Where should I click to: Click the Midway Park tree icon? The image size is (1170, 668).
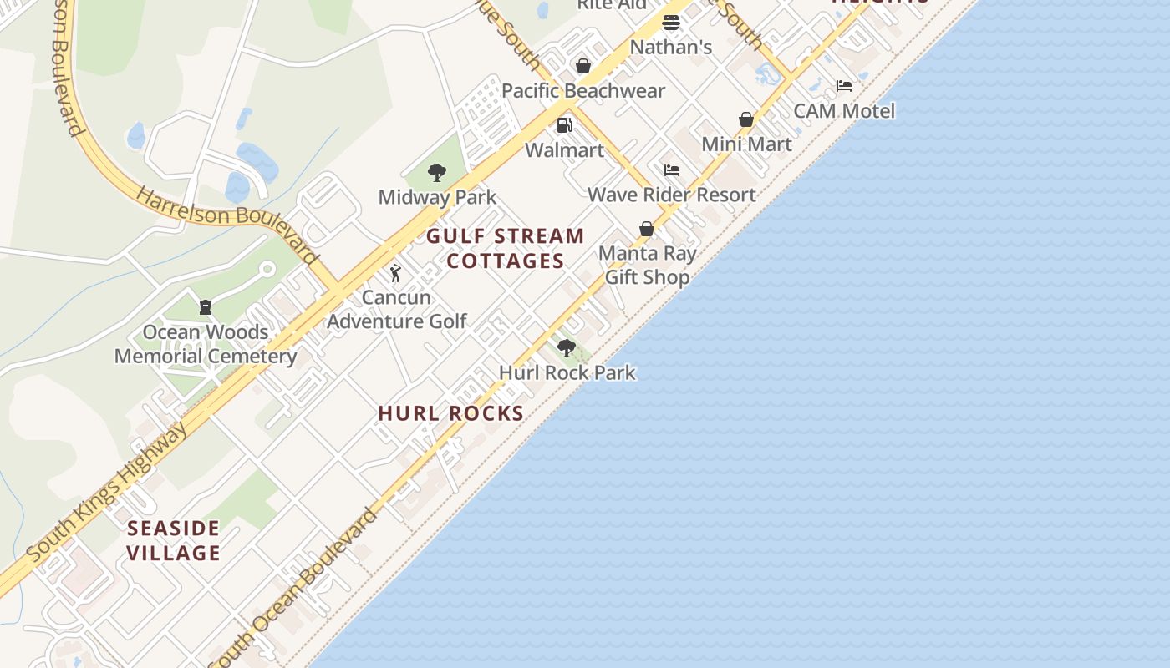(436, 173)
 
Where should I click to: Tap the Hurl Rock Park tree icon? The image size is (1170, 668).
(567, 347)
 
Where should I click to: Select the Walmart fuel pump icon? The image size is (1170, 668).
(565, 125)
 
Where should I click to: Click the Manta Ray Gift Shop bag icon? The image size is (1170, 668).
(647, 228)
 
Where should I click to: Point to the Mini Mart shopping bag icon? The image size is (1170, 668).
(746, 119)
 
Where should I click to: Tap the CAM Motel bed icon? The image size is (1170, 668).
(844, 86)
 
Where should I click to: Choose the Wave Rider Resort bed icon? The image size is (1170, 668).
(672, 170)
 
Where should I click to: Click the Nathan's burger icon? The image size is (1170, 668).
(671, 23)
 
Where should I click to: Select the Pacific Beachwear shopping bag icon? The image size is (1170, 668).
(583, 66)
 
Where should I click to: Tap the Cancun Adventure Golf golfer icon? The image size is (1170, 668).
(396, 272)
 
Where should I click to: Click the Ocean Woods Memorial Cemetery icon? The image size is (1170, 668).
(206, 307)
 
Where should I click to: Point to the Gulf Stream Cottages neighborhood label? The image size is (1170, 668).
(506, 249)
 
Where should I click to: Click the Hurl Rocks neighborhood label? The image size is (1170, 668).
(451, 413)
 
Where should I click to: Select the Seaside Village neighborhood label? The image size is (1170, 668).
(174, 540)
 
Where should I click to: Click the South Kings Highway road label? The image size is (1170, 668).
(107, 493)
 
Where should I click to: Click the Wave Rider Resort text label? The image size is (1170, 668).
(672, 195)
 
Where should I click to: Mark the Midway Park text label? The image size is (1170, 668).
(437, 197)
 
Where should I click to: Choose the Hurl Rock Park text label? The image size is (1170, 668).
(567, 372)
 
